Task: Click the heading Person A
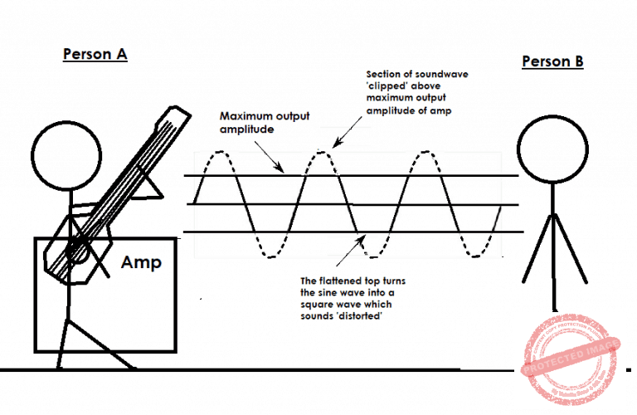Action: (x=95, y=55)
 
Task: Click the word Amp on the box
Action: (x=141, y=263)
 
